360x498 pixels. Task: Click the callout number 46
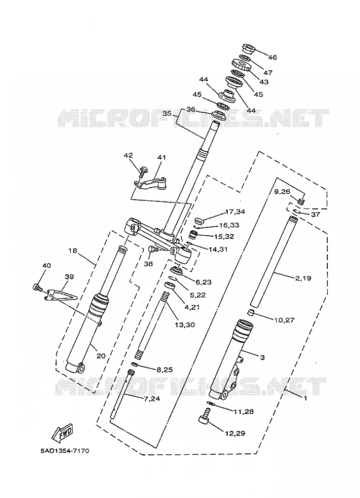tap(272, 58)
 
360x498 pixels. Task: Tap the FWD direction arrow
tap(62, 432)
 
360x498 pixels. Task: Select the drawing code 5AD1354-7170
tap(65, 450)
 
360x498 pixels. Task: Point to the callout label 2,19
tap(303, 278)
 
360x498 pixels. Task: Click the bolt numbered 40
tap(38, 288)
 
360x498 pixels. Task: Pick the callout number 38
tap(148, 263)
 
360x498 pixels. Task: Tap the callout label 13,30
tap(185, 325)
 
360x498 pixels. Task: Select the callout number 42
tap(128, 155)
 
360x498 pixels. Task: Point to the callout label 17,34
tap(235, 211)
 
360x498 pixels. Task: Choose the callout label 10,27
tap(284, 320)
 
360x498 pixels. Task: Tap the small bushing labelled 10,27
tap(251, 314)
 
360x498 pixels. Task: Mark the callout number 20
tap(101, 356)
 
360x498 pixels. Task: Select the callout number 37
tap(315, 214)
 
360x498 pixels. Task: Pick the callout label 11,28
tap(243, 412)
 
